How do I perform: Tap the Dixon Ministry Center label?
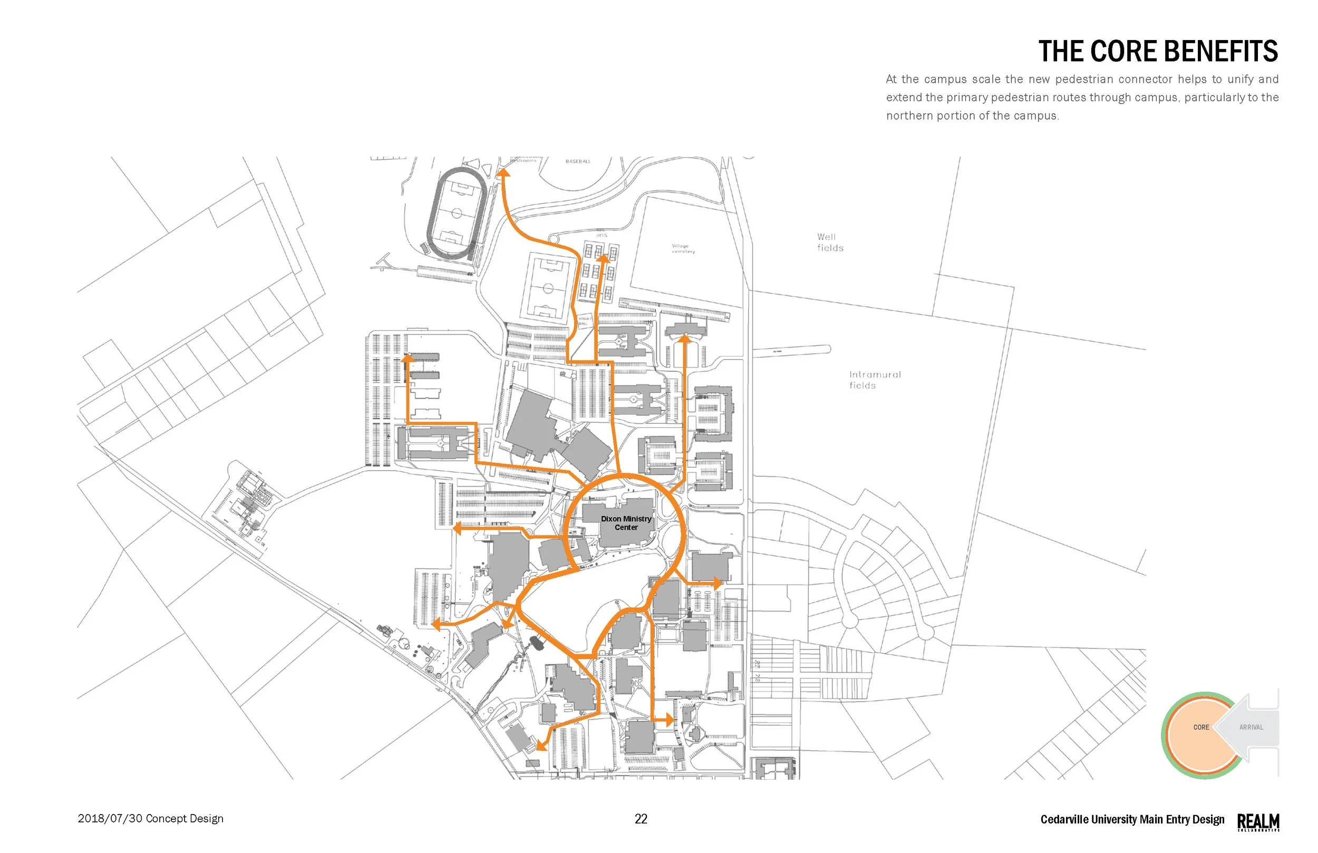[x=626, y=523]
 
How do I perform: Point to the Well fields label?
[x=830, y=242]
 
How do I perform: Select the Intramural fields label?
[x=875, y=380]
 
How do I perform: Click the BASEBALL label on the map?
[x=578, y=161]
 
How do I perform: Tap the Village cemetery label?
[x=683, y=248]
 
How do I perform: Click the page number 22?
[x=641, y=819]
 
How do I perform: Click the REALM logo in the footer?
[x=1258, y=821]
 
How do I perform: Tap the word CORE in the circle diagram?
[x=1201, y=728]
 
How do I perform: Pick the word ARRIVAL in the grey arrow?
[x=1251, y=728]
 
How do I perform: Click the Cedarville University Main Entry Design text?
[x=1132, y=819]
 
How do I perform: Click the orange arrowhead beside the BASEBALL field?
[x=503, y=173]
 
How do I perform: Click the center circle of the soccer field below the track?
[x=548, y=288]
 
